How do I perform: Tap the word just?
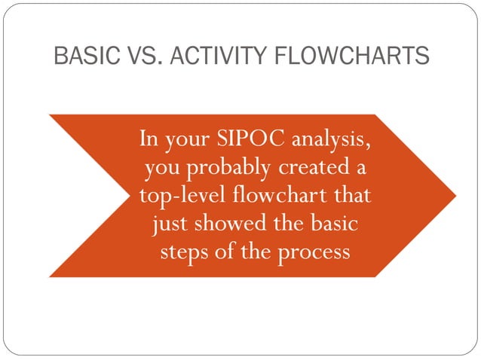(x=170, y=222)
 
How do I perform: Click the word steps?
(x=184, y=250)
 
